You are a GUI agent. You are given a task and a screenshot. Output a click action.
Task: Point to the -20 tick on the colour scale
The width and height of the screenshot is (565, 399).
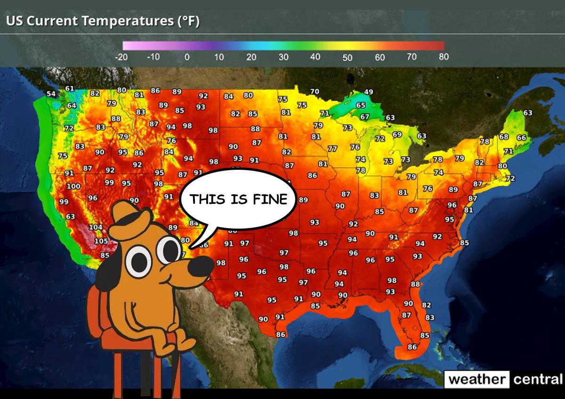121,57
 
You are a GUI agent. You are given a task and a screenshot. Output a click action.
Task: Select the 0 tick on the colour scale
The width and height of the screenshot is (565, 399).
187,57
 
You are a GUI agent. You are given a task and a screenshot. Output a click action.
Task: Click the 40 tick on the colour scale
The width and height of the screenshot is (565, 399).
315,57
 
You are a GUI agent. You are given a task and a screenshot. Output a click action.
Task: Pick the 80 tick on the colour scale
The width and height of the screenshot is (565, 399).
444,57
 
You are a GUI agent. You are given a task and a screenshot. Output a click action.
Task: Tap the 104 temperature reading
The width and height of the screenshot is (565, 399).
96,227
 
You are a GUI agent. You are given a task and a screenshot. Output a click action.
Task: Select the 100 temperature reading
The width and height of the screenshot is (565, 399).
73,186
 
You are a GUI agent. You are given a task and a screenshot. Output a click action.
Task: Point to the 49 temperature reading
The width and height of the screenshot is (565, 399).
369,91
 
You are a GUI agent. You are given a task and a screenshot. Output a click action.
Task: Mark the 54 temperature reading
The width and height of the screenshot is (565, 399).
51,94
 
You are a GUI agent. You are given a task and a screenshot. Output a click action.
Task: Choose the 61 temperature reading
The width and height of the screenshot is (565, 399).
69,89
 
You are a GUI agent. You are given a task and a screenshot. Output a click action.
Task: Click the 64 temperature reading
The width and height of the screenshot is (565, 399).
72,105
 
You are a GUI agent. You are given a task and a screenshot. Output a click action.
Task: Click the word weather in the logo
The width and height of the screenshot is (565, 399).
477,379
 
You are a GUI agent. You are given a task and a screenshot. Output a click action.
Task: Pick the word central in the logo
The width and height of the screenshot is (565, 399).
537,379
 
